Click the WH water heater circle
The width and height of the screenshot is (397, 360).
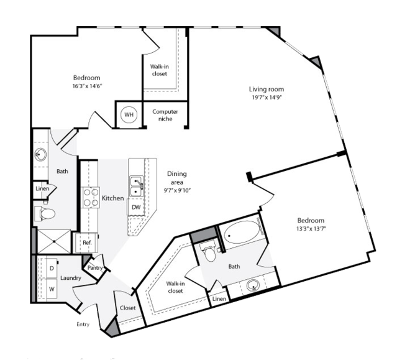pos(129,114)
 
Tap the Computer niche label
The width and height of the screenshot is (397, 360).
pos(165,115)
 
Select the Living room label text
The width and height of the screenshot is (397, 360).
pos(265,90)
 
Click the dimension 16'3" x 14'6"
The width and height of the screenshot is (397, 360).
pos(86,86)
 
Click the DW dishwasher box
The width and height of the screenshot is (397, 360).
pos(135,206)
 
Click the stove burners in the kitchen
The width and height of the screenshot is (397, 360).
pos(91,197)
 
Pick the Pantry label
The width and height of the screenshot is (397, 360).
pos(95,268)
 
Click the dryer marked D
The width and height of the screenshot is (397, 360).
pos(50,268)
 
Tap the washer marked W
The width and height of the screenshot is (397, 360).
pos(50,288)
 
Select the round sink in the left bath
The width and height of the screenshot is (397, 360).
pos(41,154)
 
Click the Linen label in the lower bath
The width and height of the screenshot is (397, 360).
pos(219,300)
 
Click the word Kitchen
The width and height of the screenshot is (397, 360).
pos(112,198)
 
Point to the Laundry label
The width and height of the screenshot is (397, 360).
pos(71,278)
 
